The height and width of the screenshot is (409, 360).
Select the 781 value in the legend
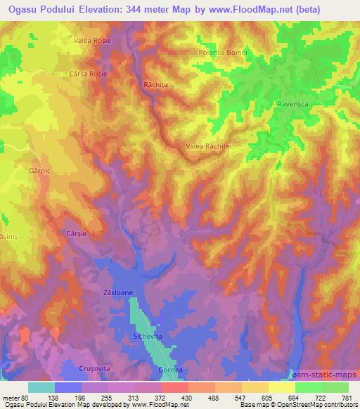point(347,397)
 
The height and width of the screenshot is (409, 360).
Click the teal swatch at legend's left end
point(41,387)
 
